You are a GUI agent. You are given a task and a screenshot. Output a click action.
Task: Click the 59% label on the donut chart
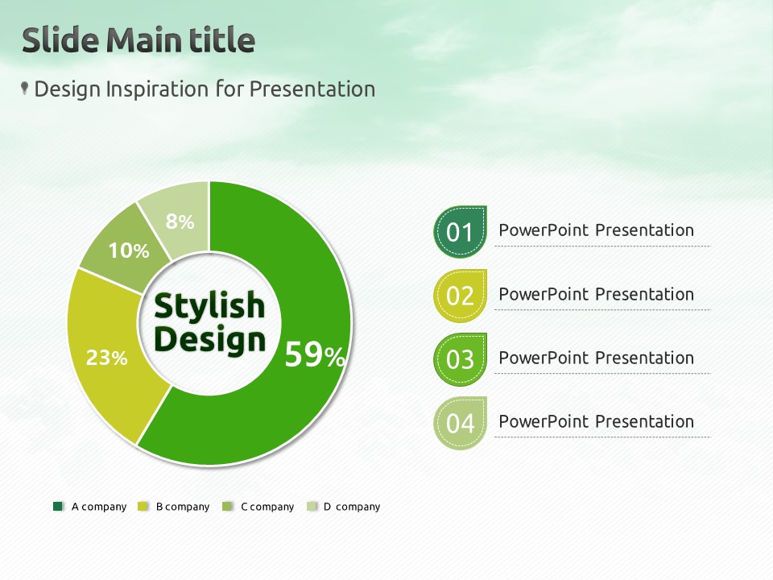tap(315, 354)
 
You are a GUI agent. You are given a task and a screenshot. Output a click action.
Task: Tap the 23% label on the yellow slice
tap(106, 358)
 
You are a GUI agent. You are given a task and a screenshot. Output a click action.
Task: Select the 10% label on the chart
tap(129, 251)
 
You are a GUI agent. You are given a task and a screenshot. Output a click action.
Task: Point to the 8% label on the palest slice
tap(180, 222)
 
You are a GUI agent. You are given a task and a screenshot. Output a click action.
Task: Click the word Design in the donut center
tap(209, 340)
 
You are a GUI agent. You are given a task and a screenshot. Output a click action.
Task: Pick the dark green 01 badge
tap(460, 232)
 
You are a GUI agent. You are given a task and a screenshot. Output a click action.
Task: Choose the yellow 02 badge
tap(460, 296)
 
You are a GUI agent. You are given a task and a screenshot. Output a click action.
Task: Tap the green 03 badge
tap(460, 359)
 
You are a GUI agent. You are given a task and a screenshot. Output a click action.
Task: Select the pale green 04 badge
tap(460, 423)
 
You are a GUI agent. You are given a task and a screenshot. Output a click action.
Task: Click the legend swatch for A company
tap(58, 507)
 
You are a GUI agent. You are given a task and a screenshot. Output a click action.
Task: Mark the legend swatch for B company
tap(143, 507)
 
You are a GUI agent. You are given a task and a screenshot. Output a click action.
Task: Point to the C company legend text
tap(267, 507)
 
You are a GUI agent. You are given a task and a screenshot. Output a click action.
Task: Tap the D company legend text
tap(352, 507)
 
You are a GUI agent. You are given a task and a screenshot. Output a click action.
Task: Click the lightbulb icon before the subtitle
tap(24, 89)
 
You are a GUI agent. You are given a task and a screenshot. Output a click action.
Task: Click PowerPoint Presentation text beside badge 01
tap(596, 230)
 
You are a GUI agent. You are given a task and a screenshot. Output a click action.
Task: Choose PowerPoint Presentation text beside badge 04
tap(596, 421)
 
